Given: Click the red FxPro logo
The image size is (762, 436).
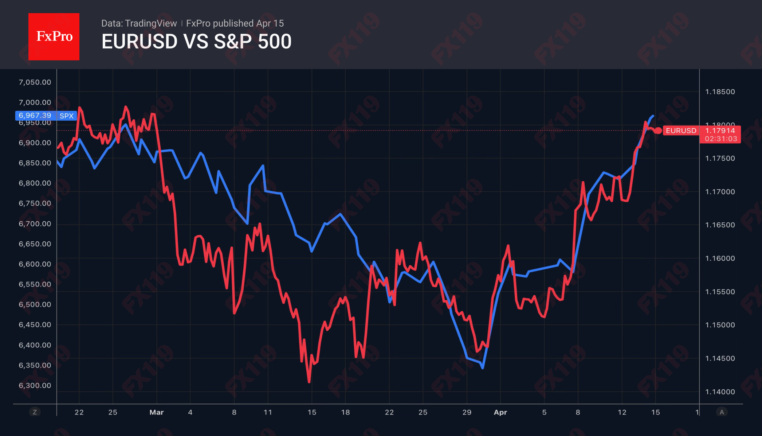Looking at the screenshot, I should pos(54,36).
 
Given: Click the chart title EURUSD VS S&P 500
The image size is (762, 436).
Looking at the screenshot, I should pos(196,42).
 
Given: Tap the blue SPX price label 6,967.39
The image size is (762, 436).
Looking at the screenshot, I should pos(35,116).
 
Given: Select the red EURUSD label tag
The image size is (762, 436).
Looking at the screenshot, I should pos(680,131).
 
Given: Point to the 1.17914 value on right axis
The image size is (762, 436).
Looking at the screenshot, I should pos(720,131).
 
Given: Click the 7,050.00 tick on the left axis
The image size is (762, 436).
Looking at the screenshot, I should pos(35,82).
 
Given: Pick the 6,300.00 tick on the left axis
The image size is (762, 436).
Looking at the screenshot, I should pos(35,385).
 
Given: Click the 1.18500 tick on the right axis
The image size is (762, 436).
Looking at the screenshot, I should pos(720,92).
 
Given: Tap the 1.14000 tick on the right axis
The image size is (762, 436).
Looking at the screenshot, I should pos(720,392).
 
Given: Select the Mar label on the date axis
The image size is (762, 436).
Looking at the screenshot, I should pos(157,412).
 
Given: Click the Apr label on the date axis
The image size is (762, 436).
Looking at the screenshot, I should pos(500,412).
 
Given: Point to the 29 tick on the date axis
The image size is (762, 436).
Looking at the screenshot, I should pos(467,412).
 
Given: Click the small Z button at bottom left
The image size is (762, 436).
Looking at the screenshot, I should pos(35,412).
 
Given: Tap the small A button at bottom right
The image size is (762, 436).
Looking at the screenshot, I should pos(722,412).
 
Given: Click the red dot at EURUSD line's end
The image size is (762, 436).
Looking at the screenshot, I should pos(658,131).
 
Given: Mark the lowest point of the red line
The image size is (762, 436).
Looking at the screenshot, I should pos(309,382).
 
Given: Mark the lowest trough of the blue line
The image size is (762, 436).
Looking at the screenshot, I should pos(483,368).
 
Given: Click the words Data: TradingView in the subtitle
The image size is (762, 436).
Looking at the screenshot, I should pos(139,23).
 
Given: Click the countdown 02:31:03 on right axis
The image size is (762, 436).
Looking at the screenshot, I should pos(720,139).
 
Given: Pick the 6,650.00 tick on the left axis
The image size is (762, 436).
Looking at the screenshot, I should pos(35,244).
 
